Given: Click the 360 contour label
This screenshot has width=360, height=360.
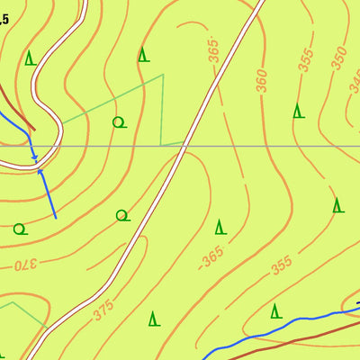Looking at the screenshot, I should (x=261, y=80).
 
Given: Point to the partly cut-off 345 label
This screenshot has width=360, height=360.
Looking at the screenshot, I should (x=354, y=83).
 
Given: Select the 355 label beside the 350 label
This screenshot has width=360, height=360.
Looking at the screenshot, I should (x=306, y=62).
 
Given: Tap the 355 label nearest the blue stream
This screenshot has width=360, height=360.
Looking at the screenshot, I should (x=282, y=266).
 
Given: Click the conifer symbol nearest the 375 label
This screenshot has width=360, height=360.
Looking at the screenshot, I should (x=154, y=318).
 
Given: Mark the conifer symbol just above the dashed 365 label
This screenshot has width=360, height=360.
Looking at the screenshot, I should (x=220, y=226).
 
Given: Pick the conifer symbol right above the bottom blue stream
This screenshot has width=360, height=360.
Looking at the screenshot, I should (x=276, y=311).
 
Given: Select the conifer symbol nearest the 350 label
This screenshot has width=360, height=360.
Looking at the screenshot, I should (x=298, y=111).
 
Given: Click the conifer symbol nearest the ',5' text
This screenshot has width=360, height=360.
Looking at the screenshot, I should (x=31, y=58).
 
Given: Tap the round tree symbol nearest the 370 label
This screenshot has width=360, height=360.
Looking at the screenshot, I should (x=19, y=229).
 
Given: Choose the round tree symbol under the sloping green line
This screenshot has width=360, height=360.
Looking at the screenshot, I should (x=117, y=121).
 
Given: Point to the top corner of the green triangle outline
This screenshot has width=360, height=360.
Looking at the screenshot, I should (x=163, y=75).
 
